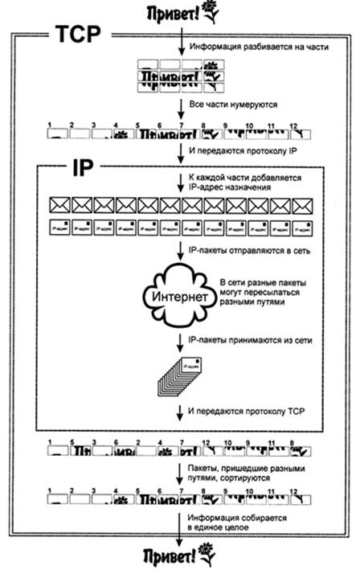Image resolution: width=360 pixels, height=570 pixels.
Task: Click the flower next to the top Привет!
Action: click(x=211, y=11)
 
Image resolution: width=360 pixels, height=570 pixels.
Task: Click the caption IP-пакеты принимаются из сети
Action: click(x=243, y=341)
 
